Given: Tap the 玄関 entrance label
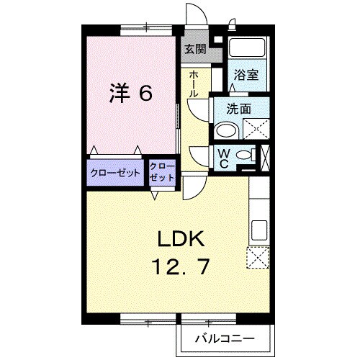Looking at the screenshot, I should point(194,50).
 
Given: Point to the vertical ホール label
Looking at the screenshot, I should point(194,84).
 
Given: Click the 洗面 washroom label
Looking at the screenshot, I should point(238,110).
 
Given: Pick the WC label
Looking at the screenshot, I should point(223,158).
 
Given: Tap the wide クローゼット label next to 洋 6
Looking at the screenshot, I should point(114,174).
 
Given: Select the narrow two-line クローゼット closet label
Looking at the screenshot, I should point(162,173).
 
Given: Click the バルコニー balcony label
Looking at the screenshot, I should point(222,338).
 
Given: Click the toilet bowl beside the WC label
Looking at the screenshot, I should point(245,156).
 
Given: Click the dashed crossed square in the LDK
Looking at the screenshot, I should point(258,257).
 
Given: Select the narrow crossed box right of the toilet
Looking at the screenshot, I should point(265,156).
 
